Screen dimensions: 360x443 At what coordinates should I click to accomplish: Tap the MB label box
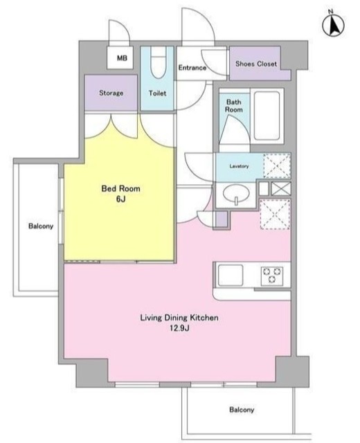pyautogui.click(x=120, y=58)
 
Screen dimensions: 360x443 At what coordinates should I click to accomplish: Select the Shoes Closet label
pyautogui.click(x=256, y=64)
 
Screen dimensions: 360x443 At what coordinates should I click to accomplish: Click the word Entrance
pyautogui.click(x=192, y=68)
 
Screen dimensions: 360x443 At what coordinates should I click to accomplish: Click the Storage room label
pyautogui.click(x=111, y=93)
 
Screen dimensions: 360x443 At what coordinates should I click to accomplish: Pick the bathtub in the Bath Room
pyautogui.click(x=267, y=116)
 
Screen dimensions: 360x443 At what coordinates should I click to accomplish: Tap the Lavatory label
pyautogui.click(x=239, y=166)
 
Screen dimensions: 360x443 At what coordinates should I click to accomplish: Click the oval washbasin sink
pyautogui.click(x=236, y=194)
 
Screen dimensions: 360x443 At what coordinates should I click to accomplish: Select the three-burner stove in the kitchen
pyautogui.click(x=272, y=275)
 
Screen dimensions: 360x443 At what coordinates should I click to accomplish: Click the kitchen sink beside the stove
pyautogui.click(x=231, y=275)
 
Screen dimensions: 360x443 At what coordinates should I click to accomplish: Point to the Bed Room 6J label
pyautogui.click(x=120, y=194)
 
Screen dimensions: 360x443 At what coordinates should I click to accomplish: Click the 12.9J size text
pyautogui.click(x=179, y=328)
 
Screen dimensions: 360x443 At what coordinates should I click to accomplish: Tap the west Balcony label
pyautogui.click(x=41, y=226)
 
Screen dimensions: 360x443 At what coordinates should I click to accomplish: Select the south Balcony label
pyautogui.click(x=242, y=410)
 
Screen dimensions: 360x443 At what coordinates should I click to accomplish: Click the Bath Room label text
pyautogui.click(x=234, y=106)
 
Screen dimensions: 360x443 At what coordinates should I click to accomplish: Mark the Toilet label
pyautogui.click(x=157, y=93)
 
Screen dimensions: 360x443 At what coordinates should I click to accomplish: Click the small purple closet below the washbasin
pyautogui.click(x=222, y=219)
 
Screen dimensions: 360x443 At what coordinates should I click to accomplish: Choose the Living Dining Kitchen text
pyautogui.click(x=179, y=318)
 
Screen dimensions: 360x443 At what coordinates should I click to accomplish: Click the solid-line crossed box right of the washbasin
pyautogui.click(x=281, y=188)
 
